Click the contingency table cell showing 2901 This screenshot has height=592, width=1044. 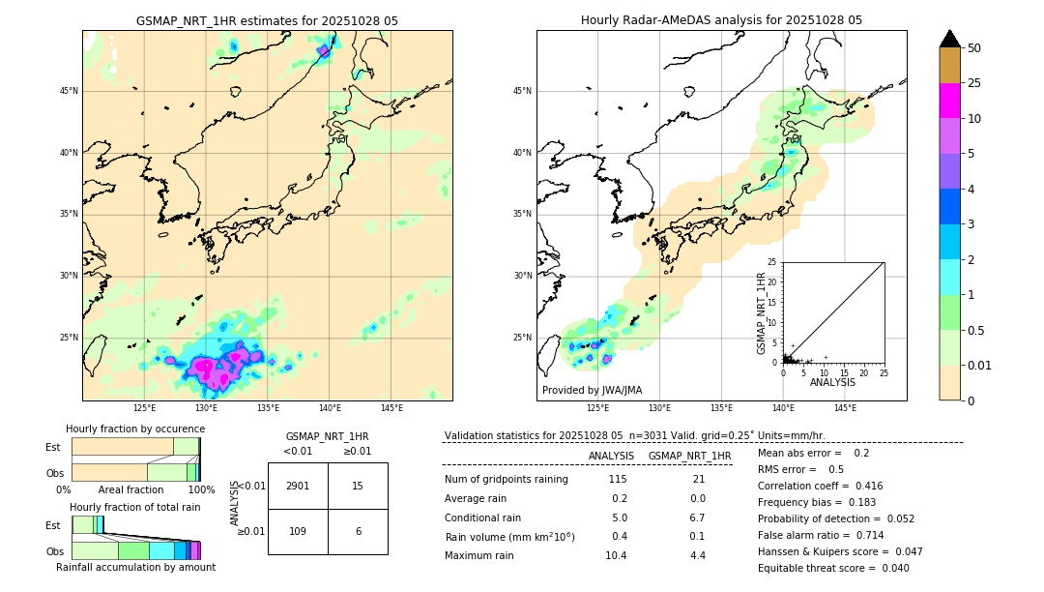coord(298,486)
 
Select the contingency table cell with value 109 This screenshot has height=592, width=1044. coord(298,531)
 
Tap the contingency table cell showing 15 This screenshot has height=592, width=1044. coord(358,486)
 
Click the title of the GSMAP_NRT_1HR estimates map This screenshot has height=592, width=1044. coord(267,20)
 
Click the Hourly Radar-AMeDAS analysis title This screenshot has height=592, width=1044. coord(721,20)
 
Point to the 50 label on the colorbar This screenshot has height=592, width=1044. coord(974,47)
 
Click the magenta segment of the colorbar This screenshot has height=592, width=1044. coord(950,101)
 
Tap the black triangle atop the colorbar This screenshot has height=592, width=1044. coord(950,39)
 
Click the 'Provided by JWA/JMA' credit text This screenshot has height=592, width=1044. coord(592,390)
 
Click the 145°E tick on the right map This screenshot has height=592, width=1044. coord(845,408)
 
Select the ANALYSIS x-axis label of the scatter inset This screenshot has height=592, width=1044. coord(832,382)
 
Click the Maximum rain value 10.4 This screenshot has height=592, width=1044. coord(616,555)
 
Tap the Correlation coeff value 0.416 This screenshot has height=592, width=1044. coord(862,486)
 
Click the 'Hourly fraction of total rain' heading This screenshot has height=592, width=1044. coord(135,507)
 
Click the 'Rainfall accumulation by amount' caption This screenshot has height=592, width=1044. coord(135,567)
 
